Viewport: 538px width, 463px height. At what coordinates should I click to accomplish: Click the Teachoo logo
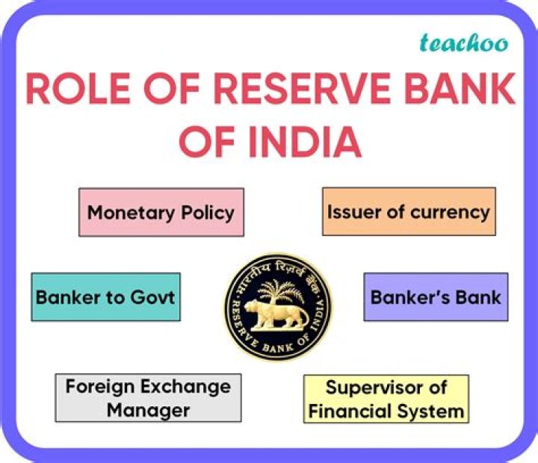pos(463,43)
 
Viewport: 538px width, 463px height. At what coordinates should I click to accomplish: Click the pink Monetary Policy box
pos(161,212)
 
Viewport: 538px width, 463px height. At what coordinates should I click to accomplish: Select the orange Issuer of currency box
pos(408,211)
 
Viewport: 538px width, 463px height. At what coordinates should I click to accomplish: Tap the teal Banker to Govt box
pos(105,296)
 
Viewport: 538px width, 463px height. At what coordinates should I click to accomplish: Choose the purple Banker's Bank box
pos(436,296)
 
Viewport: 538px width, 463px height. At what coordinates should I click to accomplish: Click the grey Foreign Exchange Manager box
pos(148,398)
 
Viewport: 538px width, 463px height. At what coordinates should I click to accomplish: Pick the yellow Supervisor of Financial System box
pos(386,399)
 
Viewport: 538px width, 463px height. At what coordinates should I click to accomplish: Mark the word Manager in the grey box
pos(148,409)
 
